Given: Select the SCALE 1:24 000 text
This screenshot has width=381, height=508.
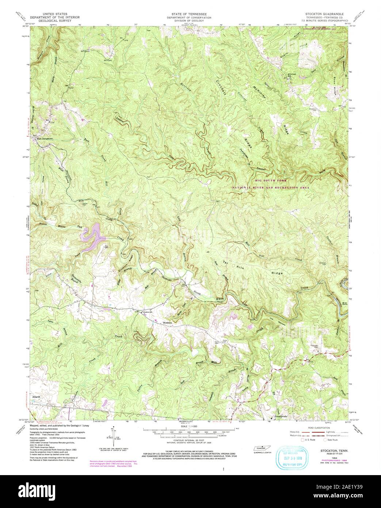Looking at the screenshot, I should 190,426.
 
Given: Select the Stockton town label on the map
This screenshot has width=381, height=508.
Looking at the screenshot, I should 167,323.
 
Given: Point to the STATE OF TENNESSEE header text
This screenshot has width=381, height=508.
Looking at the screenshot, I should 190,13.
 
